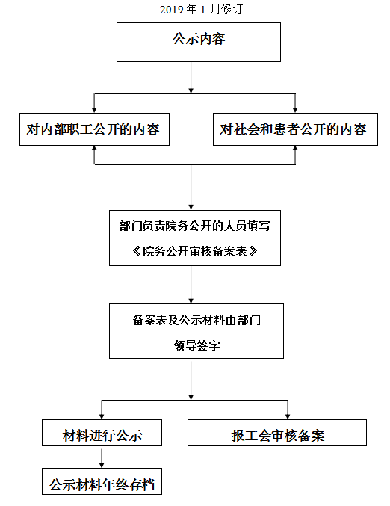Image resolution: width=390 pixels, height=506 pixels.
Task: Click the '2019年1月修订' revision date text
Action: (201, 10)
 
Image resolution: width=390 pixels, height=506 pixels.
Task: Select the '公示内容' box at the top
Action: (199, 42)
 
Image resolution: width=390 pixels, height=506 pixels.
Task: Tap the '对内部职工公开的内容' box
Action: (94, 129)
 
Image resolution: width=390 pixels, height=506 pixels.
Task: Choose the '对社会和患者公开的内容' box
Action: (295, 129)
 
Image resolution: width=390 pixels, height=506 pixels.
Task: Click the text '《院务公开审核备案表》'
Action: (195, 251)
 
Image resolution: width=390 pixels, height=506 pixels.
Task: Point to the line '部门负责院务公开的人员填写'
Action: (195, 226)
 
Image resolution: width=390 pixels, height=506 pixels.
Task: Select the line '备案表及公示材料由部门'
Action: (196, 320)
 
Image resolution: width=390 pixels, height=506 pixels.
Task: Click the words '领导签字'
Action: (196, 345)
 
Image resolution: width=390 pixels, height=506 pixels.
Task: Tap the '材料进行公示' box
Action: (102, 433)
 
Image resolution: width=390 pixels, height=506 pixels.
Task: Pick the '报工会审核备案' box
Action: (277, 433)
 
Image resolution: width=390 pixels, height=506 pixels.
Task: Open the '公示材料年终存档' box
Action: (102, 481)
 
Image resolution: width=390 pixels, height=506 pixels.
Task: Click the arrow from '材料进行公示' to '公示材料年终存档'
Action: (102, 458)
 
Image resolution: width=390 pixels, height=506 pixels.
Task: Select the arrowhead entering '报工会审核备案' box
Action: (288, 416)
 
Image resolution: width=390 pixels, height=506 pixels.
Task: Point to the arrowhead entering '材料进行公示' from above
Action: (102, 416)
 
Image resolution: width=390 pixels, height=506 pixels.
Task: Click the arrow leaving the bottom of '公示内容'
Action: (191, 78)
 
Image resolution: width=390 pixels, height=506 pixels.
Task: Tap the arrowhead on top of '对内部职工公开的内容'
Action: (94, 110)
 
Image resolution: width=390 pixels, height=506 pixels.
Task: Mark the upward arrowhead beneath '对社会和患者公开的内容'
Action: (295, 149)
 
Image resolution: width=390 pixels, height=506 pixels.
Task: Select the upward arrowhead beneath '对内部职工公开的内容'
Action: (94, 149)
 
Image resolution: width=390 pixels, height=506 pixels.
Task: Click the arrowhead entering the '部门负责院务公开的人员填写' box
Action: (191, 207)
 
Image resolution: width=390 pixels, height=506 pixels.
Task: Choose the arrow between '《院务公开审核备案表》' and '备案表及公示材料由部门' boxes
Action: (191, 285)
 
